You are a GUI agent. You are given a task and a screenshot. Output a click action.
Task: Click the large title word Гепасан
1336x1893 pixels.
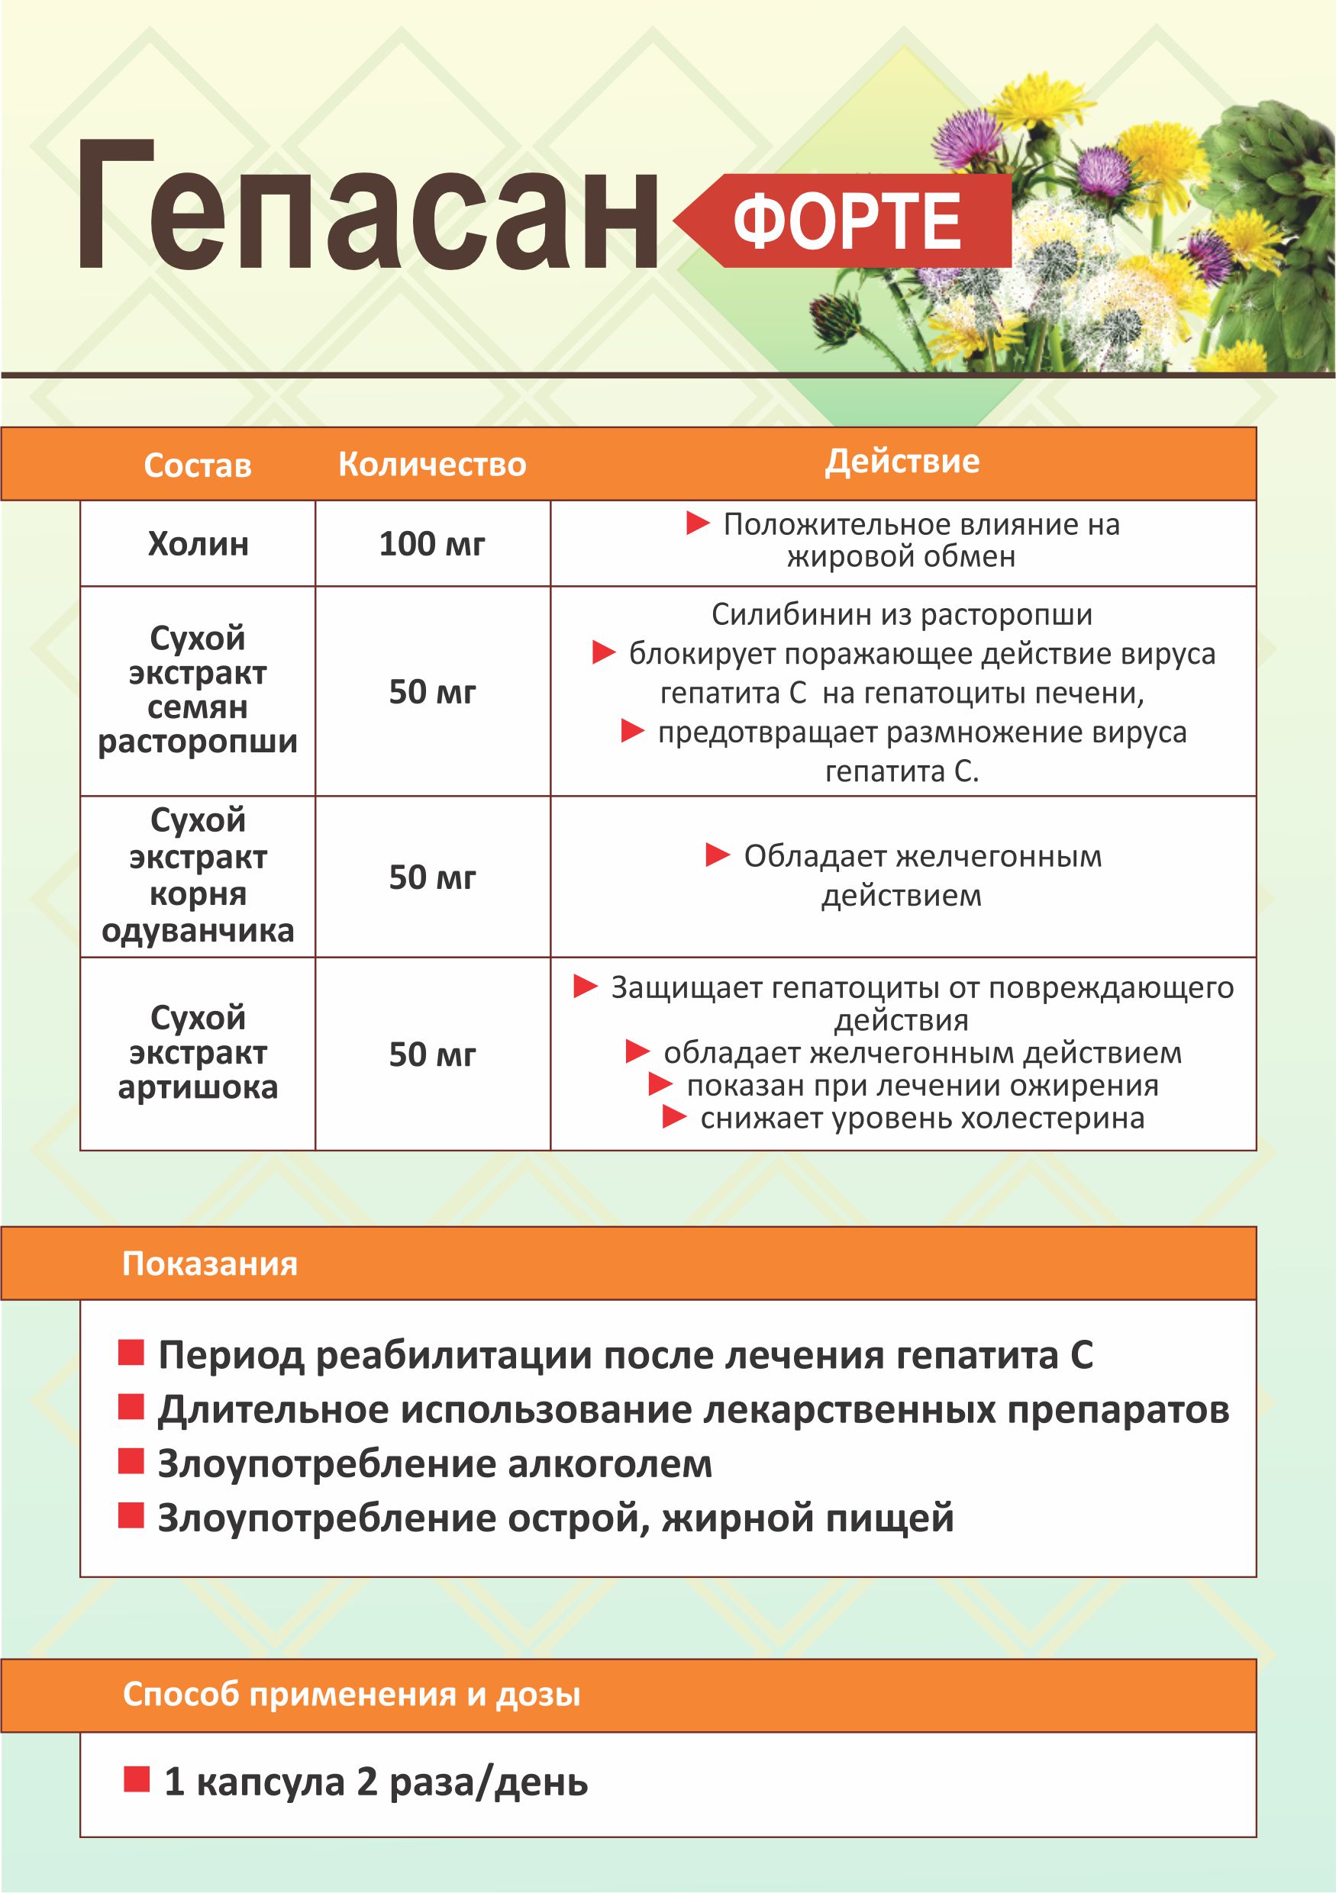click(367, 206)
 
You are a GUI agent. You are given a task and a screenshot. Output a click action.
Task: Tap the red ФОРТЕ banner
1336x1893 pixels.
click(850, 221)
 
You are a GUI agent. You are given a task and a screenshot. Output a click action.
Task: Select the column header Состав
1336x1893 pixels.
click(197, 466)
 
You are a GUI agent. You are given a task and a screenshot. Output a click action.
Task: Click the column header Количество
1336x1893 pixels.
click(432, 465)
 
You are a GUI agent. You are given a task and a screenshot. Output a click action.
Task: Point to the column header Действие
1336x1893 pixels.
click(902, 462)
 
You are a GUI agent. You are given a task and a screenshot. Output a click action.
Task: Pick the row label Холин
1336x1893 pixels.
click(198, 544)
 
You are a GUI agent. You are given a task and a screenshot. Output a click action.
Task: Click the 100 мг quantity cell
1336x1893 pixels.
click(432, 544)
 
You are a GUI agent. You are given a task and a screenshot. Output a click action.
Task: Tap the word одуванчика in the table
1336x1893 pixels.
click(198, 931)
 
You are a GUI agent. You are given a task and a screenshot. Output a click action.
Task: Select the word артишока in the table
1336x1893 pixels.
click(198, 1087)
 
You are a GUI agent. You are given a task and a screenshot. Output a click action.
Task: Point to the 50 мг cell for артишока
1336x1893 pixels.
click(432, 1054)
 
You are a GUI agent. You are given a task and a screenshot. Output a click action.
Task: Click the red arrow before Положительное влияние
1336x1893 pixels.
click(698, 523)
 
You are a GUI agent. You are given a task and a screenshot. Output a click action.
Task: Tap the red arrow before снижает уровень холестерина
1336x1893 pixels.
click(675, 1118)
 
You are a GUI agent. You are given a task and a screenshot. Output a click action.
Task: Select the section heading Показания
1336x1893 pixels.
click(209, 1264)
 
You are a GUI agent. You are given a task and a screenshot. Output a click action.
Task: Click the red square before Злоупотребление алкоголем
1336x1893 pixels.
click(131, 1462)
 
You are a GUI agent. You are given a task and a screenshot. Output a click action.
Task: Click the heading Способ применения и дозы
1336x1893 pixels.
click(351, 1695)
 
